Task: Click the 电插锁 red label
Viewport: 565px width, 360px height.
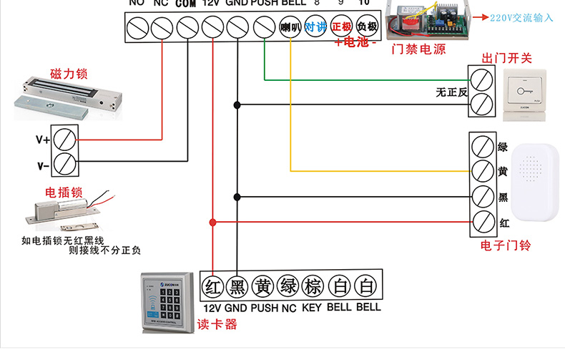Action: point(65,193)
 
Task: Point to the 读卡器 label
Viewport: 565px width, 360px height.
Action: point(217,324)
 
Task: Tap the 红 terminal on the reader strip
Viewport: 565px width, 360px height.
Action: point(212,287)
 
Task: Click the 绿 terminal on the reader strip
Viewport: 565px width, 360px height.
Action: point(289,287)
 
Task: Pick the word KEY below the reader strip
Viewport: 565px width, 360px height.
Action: point(312,308)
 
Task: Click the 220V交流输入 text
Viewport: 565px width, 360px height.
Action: point(522,17)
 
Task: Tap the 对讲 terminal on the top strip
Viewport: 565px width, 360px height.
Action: point(315,28)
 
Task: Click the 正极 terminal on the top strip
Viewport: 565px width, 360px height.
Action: point(341,28)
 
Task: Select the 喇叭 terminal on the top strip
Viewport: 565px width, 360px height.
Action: point(289,28)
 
